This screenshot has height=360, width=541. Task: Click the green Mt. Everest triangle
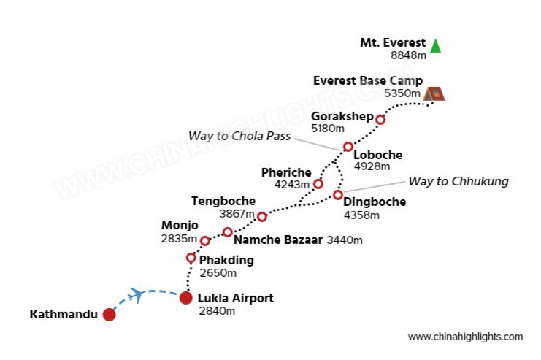click(x=436, y=45)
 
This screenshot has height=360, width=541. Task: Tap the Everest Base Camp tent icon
click(x=434, y=93)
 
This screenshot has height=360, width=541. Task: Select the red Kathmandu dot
click(x=109, y=315)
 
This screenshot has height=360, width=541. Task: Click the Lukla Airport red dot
click(x=186, y=298)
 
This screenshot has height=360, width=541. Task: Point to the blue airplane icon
click(x=135, y=295)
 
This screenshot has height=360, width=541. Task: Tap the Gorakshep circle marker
click(x=380, y=120)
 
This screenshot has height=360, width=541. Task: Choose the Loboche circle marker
click(x=348, y=147)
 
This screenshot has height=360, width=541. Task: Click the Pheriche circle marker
click(x=318, y=184)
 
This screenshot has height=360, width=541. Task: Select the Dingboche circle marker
click(x=337, y=195)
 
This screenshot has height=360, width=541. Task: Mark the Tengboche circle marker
click(x=262, y=216)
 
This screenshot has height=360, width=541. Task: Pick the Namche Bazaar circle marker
click(x=227, y=232)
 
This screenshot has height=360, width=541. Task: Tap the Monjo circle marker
click(x=205, y=241)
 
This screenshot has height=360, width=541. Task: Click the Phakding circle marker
click(x=191, y=258)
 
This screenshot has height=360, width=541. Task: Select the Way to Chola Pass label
click(x=239, y=136)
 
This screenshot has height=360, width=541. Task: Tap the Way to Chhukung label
click(x=458, y=181)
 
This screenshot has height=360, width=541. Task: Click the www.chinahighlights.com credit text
click(x=465, y=337)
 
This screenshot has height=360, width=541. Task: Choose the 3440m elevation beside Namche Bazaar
click(x=345, y=240)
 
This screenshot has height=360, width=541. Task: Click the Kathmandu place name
click(x=63, y=315)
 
